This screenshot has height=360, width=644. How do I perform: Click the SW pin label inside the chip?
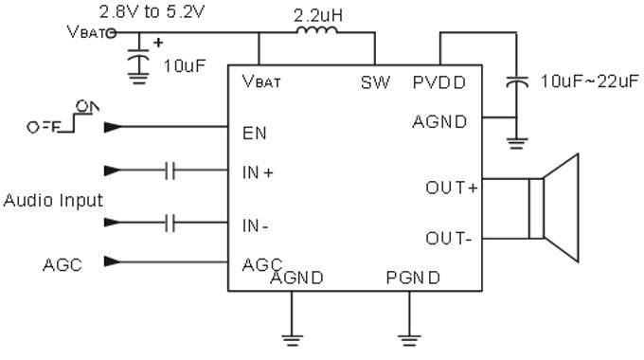375,82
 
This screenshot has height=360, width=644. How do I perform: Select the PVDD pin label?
439,82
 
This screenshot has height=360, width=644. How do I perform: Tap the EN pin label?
253,132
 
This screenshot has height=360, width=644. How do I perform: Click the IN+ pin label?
258,172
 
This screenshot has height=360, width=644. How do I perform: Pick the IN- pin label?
257,226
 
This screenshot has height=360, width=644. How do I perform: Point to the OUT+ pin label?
452,188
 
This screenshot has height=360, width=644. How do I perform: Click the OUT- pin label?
449,238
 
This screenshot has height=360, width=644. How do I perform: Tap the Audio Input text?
53,201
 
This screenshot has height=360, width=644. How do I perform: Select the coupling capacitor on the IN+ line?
170,171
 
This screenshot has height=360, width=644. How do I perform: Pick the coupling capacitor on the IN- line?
170,225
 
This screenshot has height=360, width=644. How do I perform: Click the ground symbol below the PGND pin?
409,334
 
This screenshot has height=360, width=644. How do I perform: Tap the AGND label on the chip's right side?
440,121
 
